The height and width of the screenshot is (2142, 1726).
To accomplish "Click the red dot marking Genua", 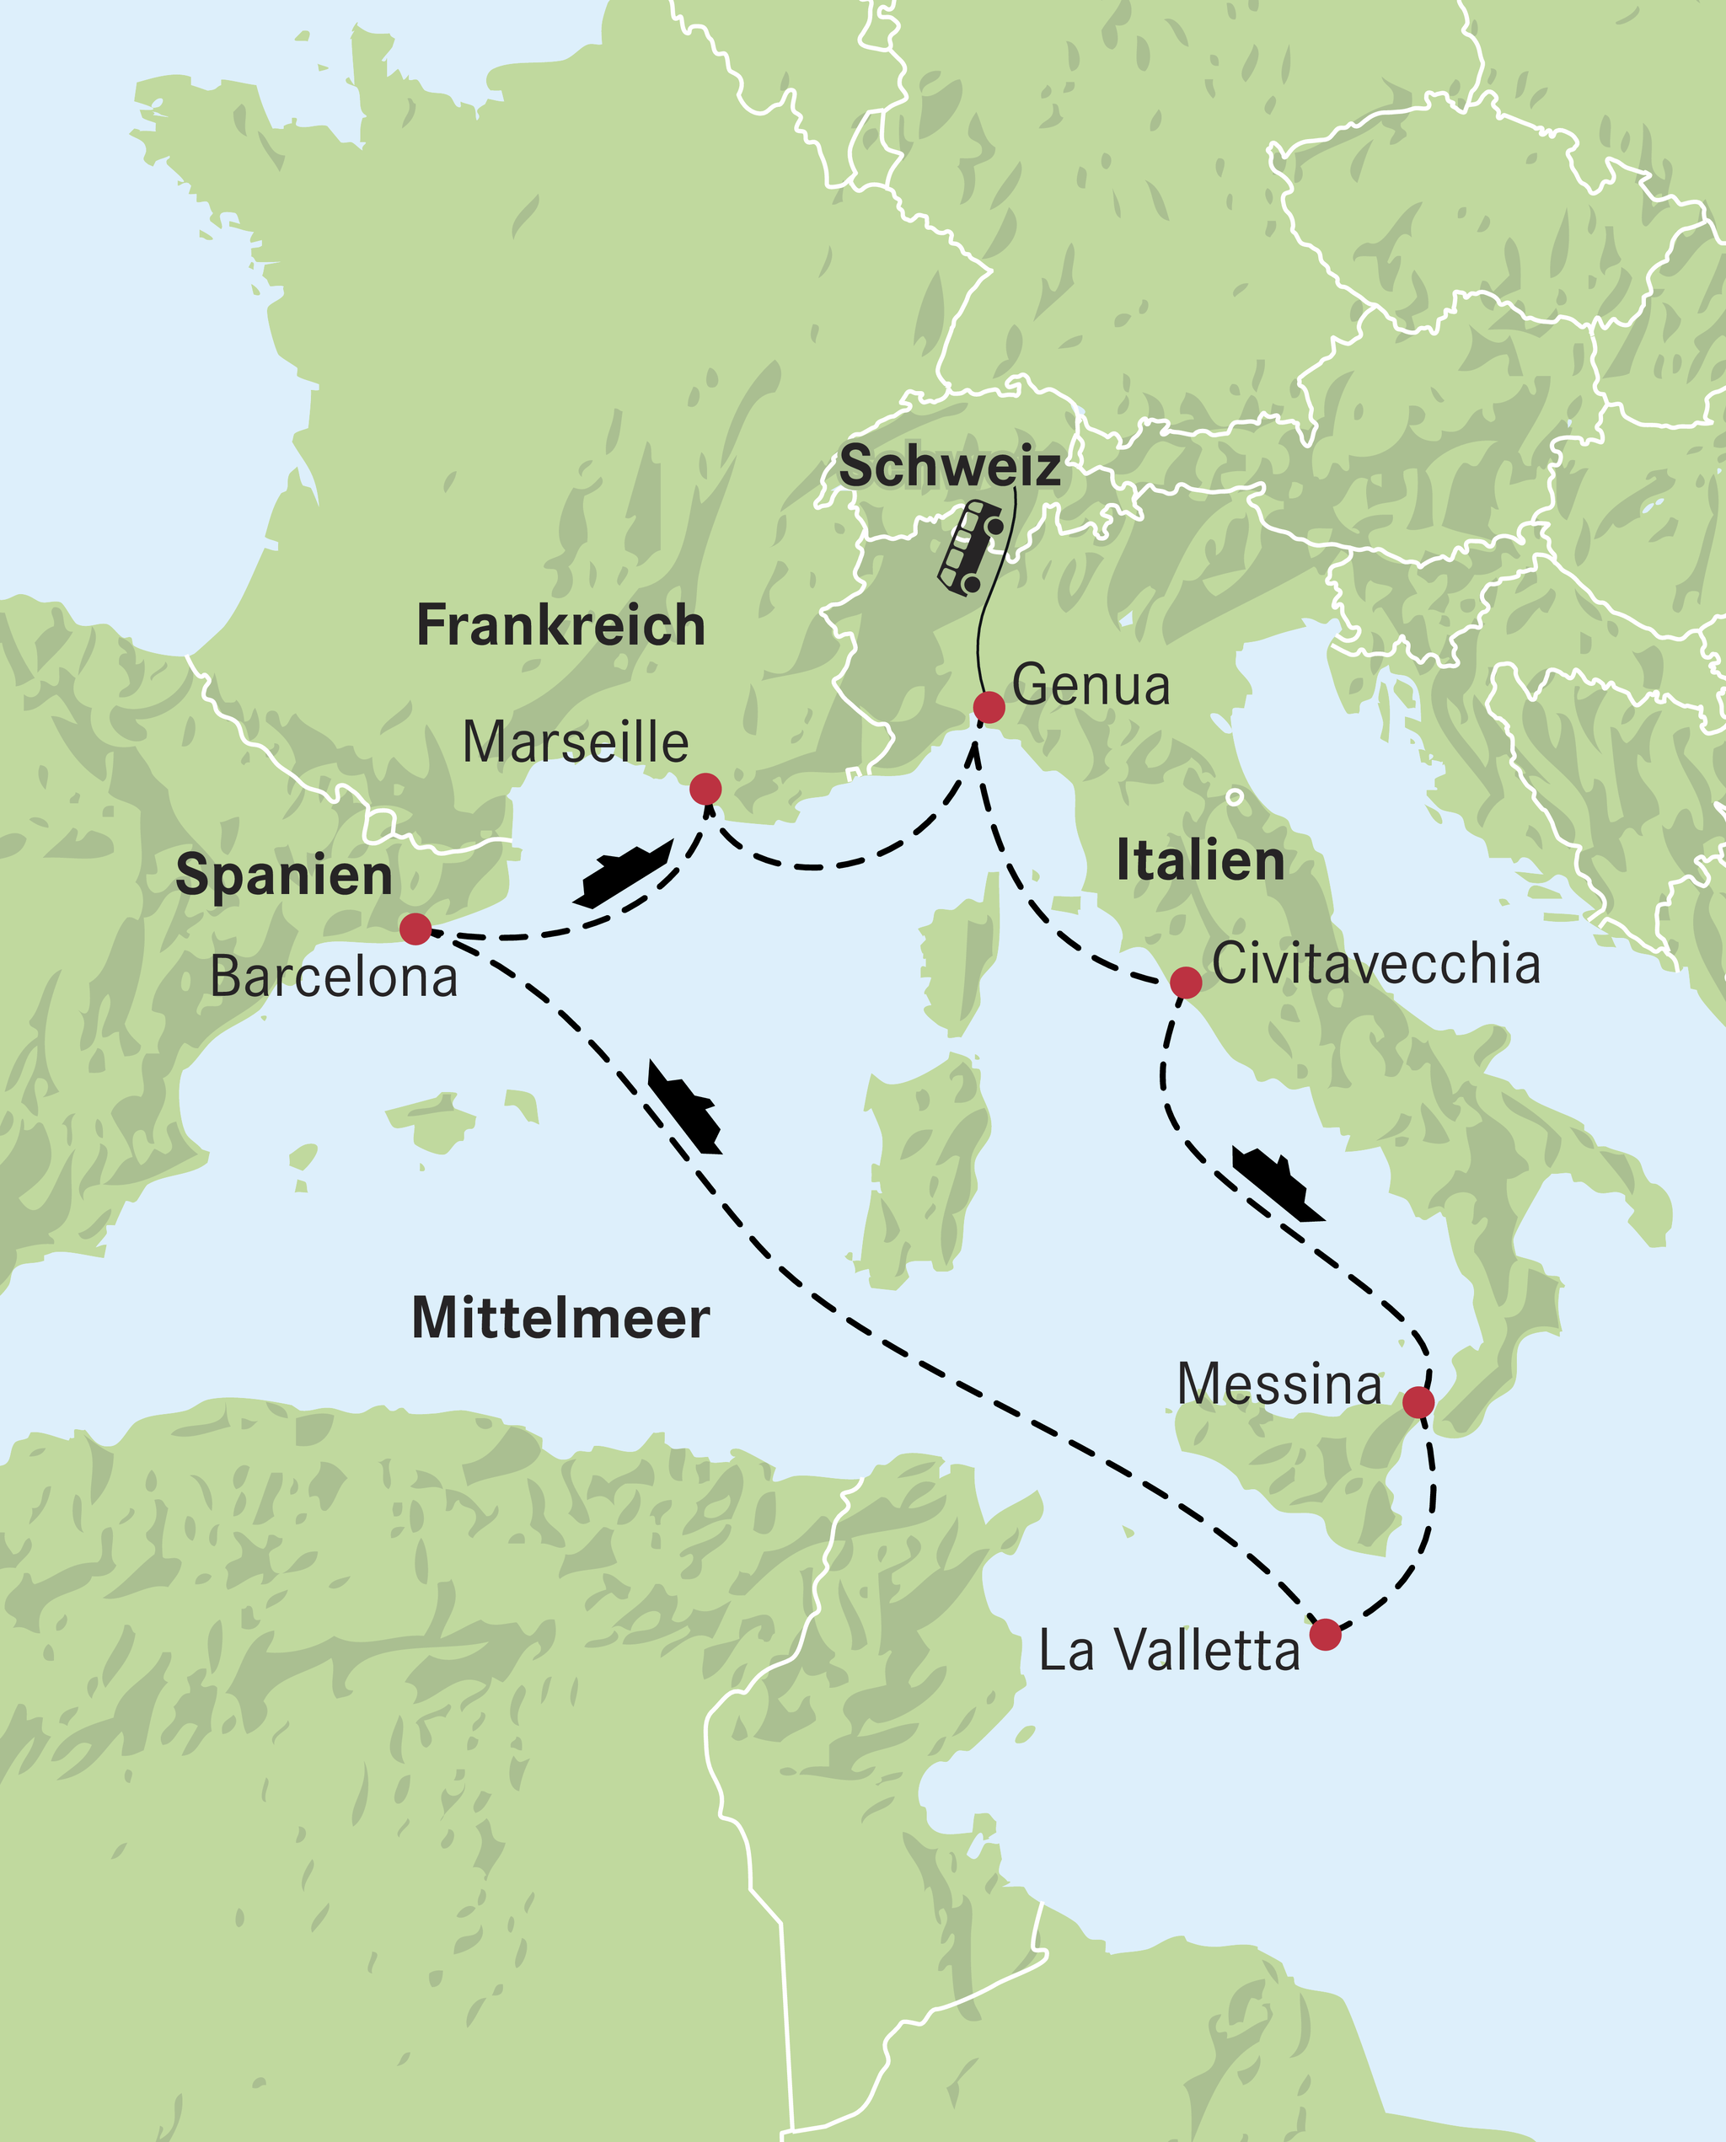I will point(989,708).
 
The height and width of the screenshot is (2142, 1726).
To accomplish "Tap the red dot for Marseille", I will point(705,790).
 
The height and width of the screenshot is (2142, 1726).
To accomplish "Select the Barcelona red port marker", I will point(415,929).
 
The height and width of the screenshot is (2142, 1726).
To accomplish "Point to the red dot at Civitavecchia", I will point(1185,982).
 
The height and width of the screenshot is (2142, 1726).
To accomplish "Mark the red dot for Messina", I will point(1418,1402).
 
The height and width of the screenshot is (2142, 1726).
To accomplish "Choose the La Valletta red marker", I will point(1324,1634).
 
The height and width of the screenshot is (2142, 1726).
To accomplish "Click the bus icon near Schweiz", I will point(970,548).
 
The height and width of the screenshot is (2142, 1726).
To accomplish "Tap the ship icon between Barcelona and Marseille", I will point(624,873).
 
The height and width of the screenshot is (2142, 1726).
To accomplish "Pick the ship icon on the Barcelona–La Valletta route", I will point(684,1107).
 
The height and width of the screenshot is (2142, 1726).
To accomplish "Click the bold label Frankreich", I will point(560,625).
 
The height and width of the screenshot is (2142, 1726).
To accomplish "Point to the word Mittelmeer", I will point(560,1319).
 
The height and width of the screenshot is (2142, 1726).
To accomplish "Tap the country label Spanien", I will point(283,876).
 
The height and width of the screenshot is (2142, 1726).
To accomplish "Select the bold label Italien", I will point(1200,859).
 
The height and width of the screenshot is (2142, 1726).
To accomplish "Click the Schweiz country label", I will point(950,466).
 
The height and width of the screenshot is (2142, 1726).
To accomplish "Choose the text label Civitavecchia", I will point(1376,964).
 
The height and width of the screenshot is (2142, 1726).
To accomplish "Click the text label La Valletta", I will point(1169,1651).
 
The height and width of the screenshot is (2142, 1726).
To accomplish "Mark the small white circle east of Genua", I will point(1234,796).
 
